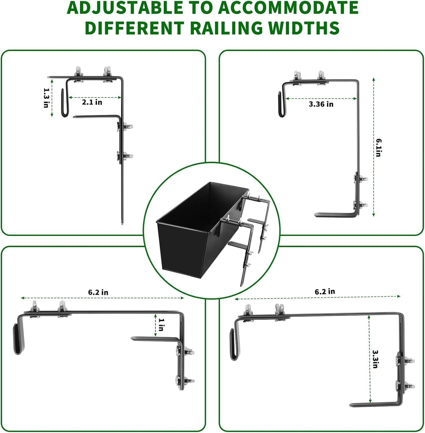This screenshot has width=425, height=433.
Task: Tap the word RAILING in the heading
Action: pos(226,28)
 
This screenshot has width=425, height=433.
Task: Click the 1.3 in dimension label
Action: pos(46,98)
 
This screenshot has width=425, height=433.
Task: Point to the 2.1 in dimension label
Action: pos(92,102)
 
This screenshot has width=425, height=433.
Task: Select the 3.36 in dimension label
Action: pos(321,104)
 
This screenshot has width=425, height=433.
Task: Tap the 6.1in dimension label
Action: pos(379,147)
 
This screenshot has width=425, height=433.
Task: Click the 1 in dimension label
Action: pos(161,325)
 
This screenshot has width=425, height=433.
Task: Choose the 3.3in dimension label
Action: pos(375,359)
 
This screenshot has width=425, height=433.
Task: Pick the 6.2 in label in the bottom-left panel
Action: pos(98,292)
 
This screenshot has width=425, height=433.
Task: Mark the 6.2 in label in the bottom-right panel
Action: pos(325,292)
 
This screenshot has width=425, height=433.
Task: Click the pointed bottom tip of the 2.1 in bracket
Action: pos(122,223)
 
